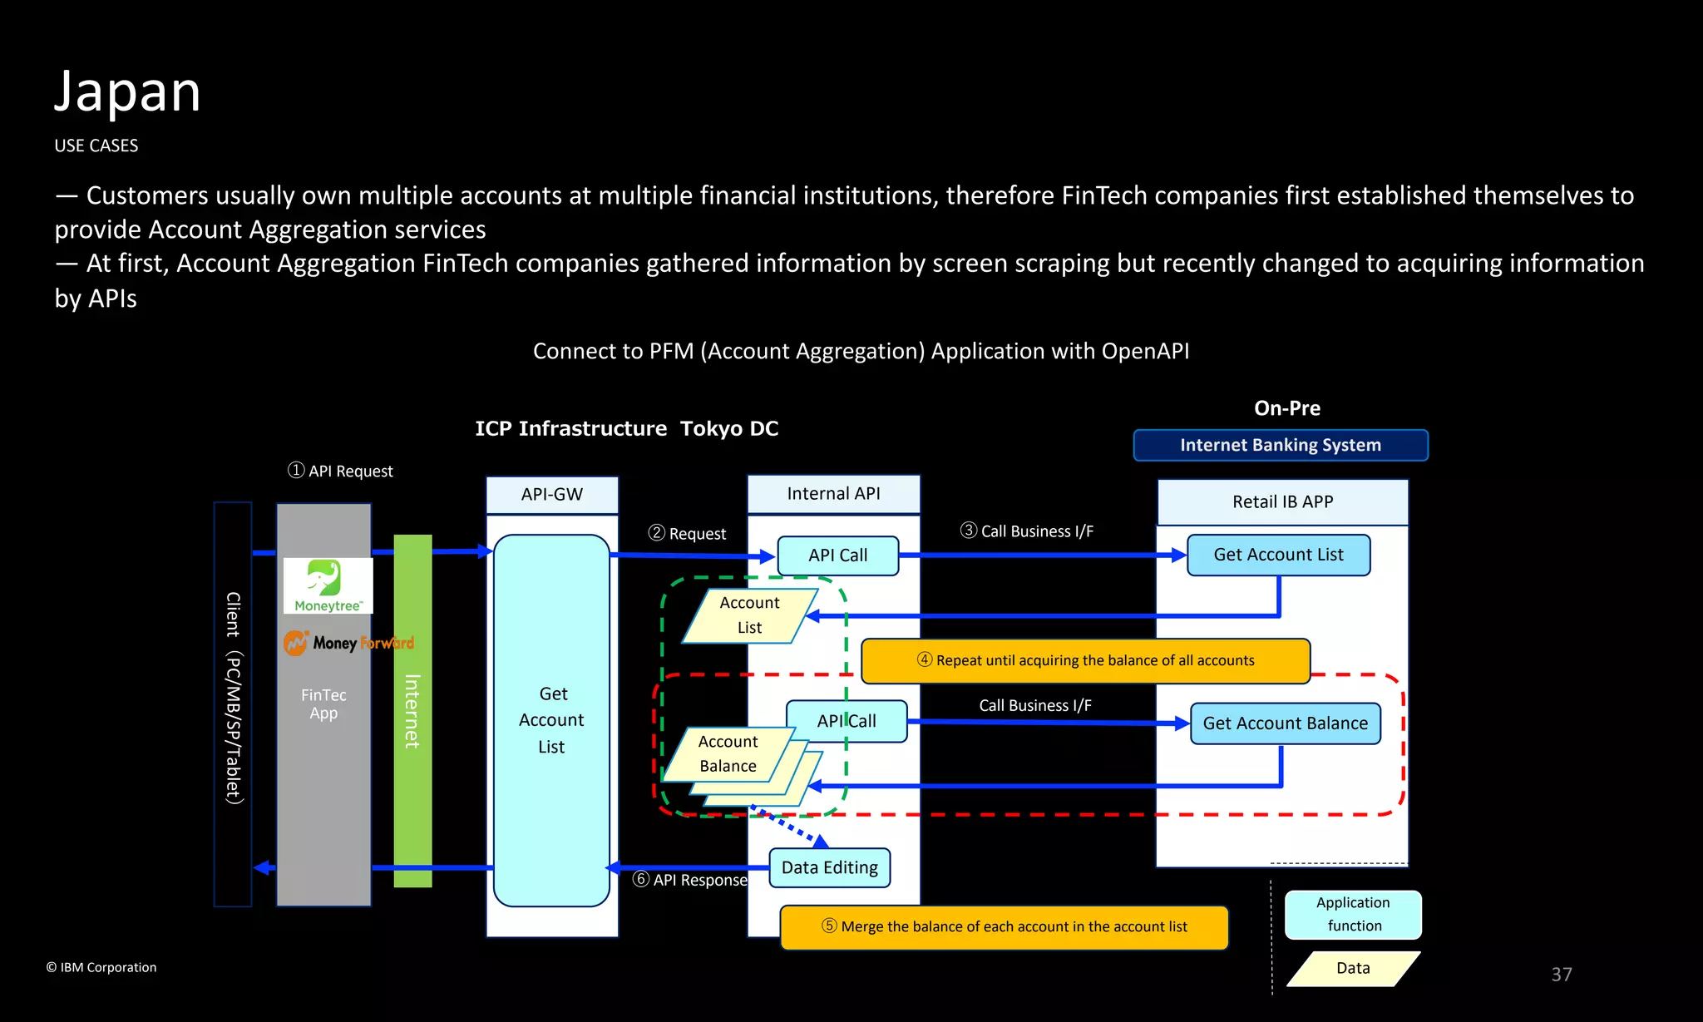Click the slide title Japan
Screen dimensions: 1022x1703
pyautogui.click(x=127, y=91)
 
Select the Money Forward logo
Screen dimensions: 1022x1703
pyautogui.click(x=348, y=643)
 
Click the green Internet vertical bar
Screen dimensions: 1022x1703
pyautogui.click(x=412, y=711)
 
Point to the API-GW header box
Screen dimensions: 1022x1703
pyautogui.click(x=552, y=495)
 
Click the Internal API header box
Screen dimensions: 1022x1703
pyautogui.click(x=833, y=494)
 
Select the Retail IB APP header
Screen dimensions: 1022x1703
pyautogui.click(x=1282, y=502)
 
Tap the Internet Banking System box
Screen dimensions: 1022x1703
pyautogui.click(x=1281, y=445)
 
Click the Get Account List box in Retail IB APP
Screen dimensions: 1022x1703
pyautogui.click(x=1278, y=555)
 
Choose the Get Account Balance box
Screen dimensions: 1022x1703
pyautogui.click(x=1285, y=723)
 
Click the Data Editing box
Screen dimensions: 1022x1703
pyautogui.click(x=829, y=868)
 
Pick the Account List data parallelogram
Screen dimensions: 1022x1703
pyautogui.click(x=749, y=615)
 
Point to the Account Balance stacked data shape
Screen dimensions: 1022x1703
pyautogui.click(x=728, y=754)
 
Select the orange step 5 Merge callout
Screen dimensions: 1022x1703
pyautogui.click(x=1004, y=927)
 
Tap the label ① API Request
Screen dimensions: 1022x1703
pyautogui.click(x=340, y=472)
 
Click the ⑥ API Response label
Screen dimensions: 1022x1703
pyautogui.click(x=690, y=880)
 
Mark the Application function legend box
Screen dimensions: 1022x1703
pyautogui.click(x=1353, y=915)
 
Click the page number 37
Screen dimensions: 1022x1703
pyautogui.click(x=1561, y=975)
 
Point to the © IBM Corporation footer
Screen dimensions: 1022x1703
pyautogui.click(x=101, y=967)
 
